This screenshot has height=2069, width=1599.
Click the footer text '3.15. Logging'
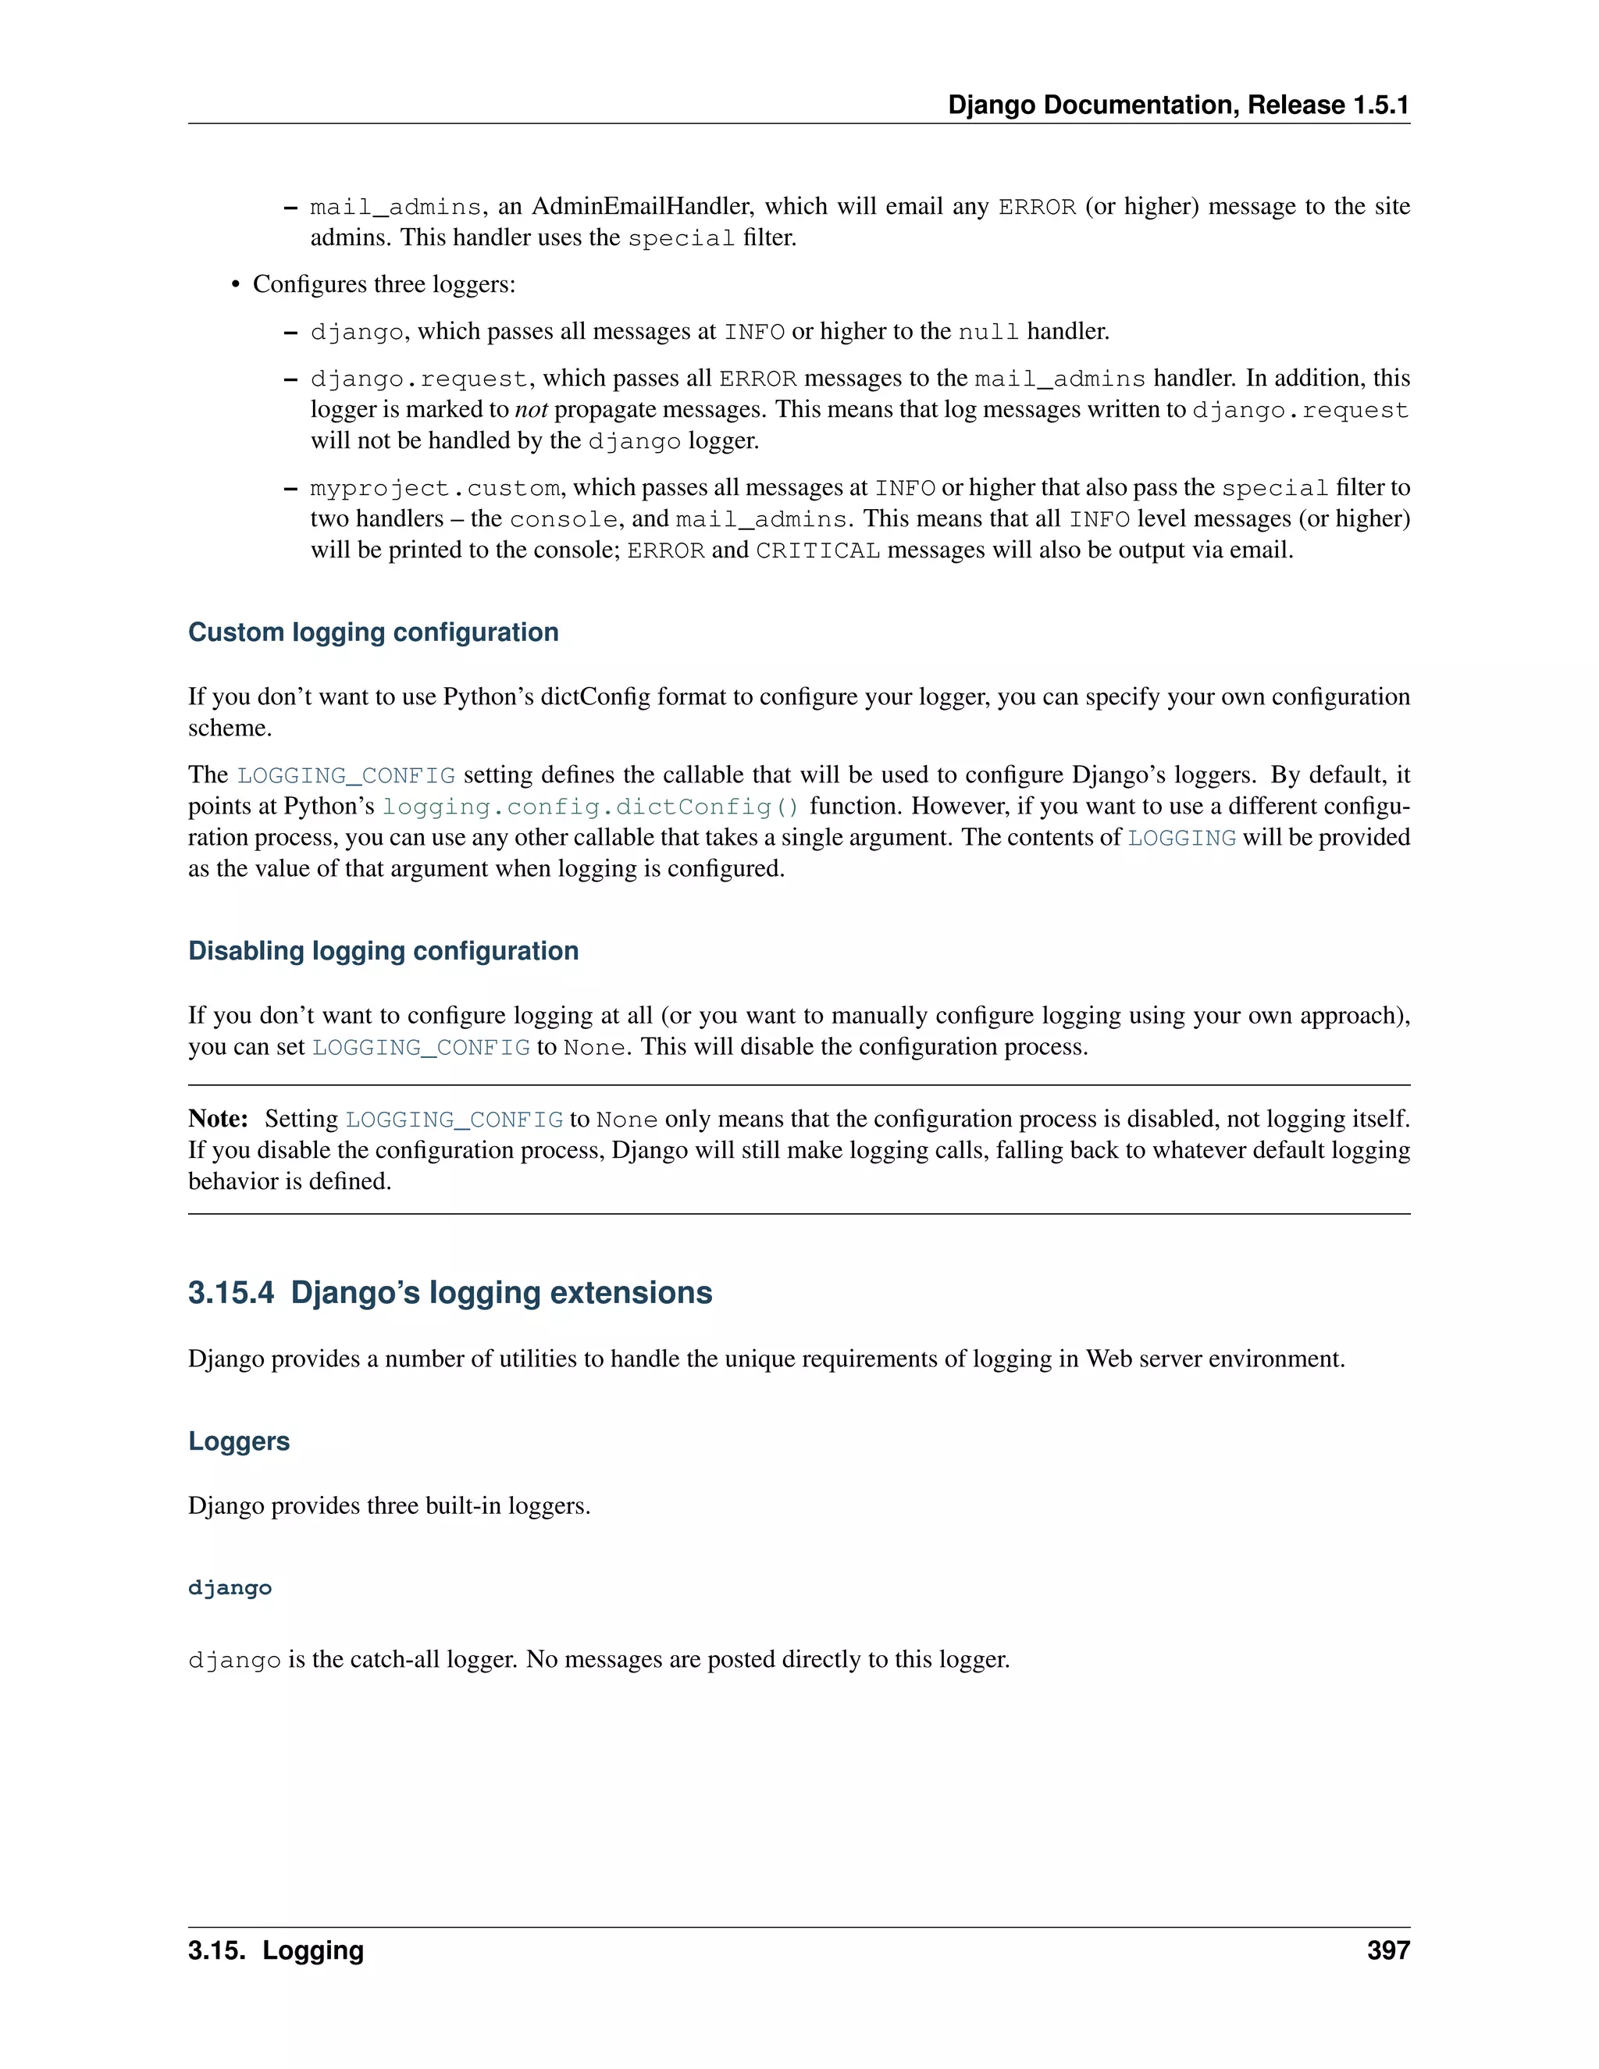(x=276, y=1950)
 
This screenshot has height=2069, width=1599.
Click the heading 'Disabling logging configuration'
(x=383, y=950)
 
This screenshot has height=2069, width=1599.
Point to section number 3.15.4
(x=231, y=1292)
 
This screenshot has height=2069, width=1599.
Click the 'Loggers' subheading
(x=239, y=1441)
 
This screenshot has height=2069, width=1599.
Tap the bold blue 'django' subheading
(x=230, y=1588)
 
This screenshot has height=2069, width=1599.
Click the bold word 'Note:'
(x=218, y=1119)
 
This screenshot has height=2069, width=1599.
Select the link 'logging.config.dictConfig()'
(x=591, y=807)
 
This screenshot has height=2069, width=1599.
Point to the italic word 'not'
(x=532, y=409)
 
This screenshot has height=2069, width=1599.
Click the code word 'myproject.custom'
(x=435, y=488)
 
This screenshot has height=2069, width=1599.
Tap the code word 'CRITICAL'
(x=817, y=550)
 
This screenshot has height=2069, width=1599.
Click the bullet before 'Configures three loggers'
(x=237, y=285)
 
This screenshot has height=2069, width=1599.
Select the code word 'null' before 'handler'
(x=988, y=332)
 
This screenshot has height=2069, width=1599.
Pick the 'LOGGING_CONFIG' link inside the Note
(x=454, y=1120)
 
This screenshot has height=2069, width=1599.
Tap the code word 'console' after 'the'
(x=563, y=519)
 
